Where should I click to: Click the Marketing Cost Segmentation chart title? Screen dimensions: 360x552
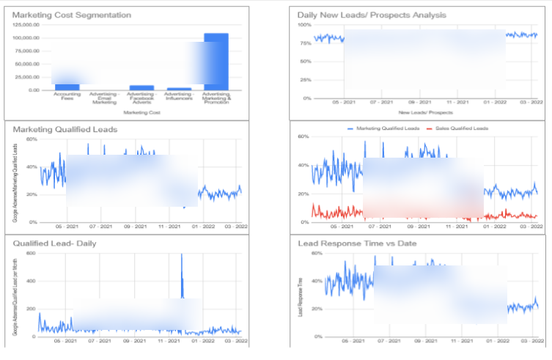(x=72, y=15)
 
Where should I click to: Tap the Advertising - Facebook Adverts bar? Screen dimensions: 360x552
(x=141, y=87)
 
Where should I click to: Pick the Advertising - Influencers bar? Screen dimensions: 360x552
(x=179, y=89)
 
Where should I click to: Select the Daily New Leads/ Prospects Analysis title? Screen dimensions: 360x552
(x=372, y=15)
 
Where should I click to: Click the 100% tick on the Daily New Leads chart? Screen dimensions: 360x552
(x=303, y=25)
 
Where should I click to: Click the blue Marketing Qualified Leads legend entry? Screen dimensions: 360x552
(x=384, y=128)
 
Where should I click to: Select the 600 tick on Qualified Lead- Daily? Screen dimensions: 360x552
(x=32, y=253)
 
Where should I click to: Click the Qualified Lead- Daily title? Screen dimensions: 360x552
(x=55, y=243)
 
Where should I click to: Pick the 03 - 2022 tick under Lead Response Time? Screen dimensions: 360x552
(x=528, y=341)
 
